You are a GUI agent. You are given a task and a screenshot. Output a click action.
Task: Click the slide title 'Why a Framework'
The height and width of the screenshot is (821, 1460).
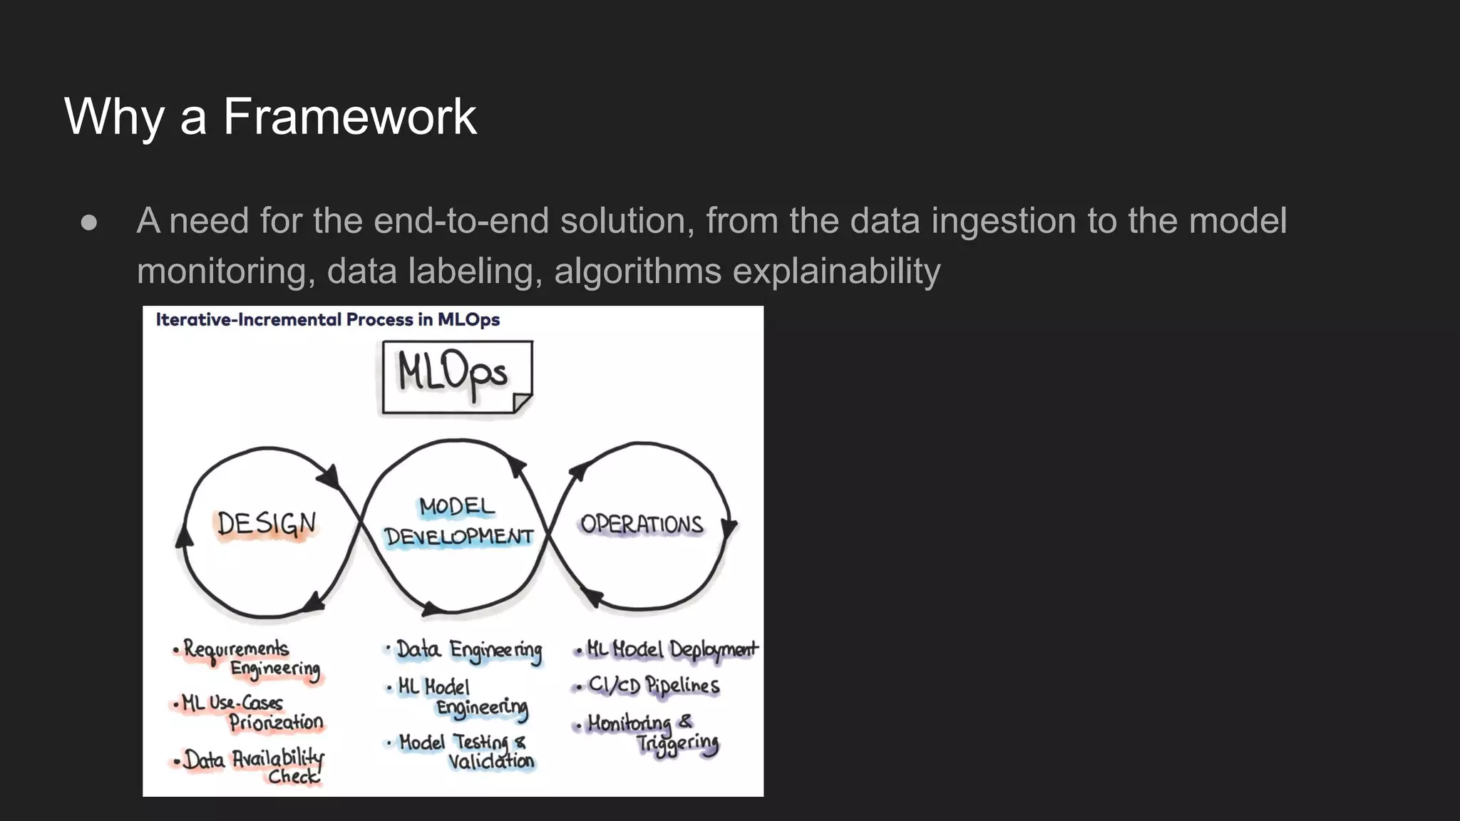click(270, 116)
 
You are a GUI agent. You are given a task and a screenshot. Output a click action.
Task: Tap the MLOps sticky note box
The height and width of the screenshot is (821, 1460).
click(456, 376)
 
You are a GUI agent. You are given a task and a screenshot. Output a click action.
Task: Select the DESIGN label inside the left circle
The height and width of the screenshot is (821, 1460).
click(266, 525)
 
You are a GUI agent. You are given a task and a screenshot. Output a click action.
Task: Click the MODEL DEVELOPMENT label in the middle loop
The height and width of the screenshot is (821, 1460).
click(458, 522)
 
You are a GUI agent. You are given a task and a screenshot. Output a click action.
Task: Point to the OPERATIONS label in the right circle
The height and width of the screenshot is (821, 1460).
click(642, 525)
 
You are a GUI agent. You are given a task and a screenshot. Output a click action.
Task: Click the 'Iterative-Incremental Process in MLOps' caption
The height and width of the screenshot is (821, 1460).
click(328, 320)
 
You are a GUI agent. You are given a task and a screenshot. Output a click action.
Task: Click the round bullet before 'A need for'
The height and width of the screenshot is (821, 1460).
click(89, 222)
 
